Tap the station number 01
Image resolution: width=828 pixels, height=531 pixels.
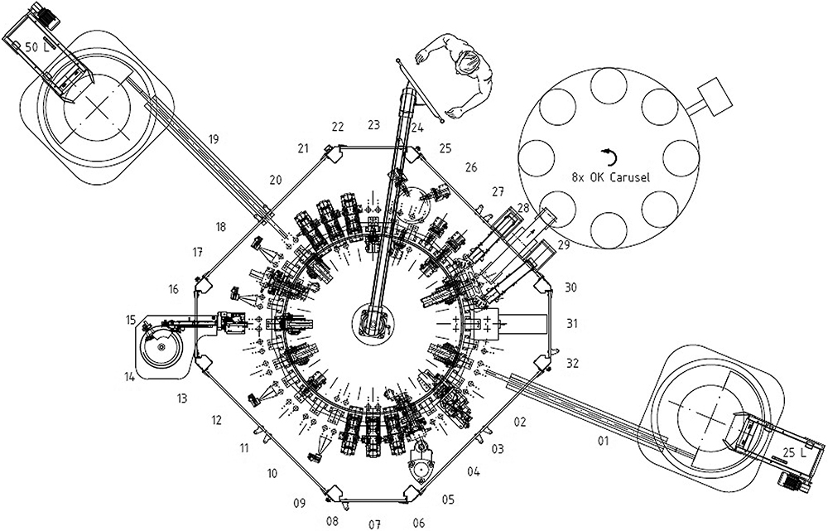click(x=602, y=441)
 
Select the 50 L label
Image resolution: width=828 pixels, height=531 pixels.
click(x=37, y=47)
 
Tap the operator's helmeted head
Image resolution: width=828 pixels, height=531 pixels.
click(x=469, y=63)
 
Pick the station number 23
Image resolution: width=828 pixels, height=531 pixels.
click(x=373, y=125)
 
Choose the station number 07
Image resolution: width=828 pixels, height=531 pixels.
click(x=374, y=524)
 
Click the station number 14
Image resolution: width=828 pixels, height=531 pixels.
click(x=130, y=377)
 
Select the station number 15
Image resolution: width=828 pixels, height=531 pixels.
click(x=131, y=319)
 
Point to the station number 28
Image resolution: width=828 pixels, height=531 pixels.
click(x=522, y=207)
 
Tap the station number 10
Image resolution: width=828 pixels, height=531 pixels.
click(x=272, y=474)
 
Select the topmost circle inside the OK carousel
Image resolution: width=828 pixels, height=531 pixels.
click(x=609, y=84)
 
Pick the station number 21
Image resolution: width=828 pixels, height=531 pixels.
click(x=303, y=148)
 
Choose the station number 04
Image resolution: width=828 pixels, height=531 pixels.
click(x=474, y=472)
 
